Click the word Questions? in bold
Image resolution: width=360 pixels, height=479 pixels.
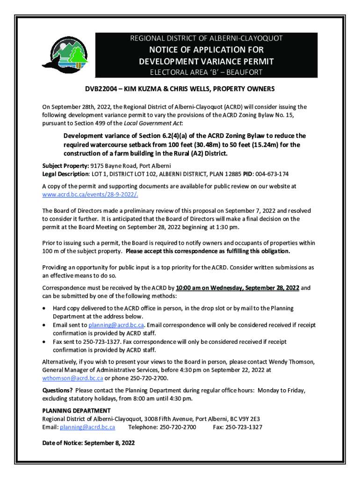pos(58,390)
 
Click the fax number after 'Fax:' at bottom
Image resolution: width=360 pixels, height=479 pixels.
pos(244,427)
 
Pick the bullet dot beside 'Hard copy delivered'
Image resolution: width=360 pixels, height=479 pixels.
pos(44,308)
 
